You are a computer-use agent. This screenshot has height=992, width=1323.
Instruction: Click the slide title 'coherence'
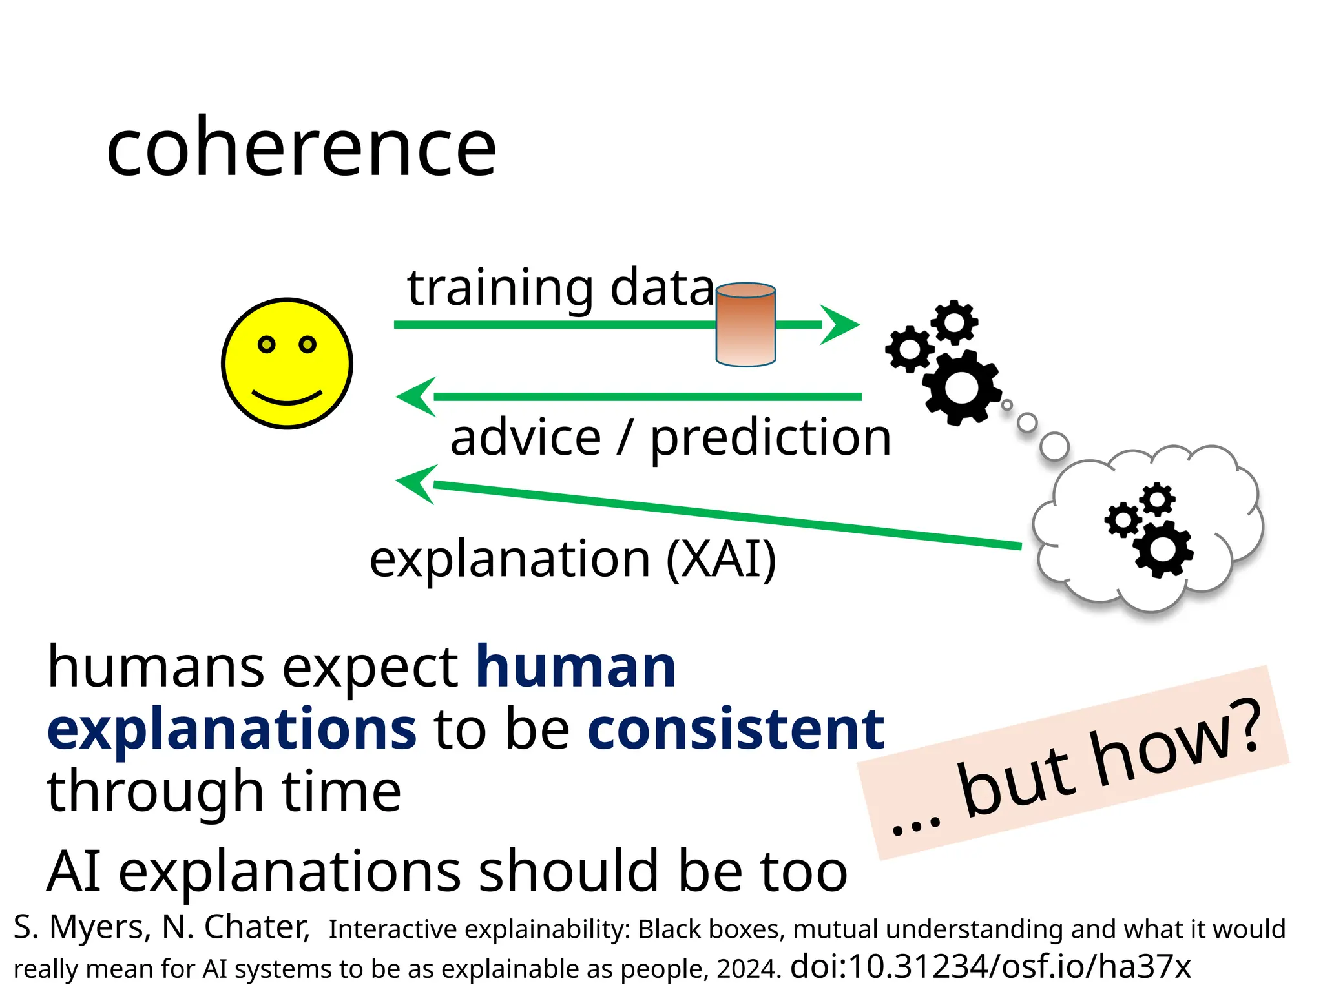coord(301,149)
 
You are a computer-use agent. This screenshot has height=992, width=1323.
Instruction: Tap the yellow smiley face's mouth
coord(287,398)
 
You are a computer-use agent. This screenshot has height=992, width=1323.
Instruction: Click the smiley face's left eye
coord(267,344)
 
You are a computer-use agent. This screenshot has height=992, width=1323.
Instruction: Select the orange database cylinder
coord(745,325)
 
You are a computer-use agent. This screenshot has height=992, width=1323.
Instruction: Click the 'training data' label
coord(561,288)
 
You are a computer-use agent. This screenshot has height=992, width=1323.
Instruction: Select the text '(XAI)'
coord(721,559)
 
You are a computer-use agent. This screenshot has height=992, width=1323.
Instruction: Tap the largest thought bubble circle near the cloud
coord(1054,446)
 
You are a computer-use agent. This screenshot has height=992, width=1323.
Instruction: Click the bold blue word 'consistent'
coord(736,730)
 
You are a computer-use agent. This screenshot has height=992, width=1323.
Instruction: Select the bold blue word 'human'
coord(576,668)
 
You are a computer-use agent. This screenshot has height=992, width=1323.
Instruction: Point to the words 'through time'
coord(224,792)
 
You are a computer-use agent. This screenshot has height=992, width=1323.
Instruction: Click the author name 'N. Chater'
coord(236,927)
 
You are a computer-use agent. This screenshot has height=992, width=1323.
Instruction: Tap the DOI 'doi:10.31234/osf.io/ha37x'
coord(990,967)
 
